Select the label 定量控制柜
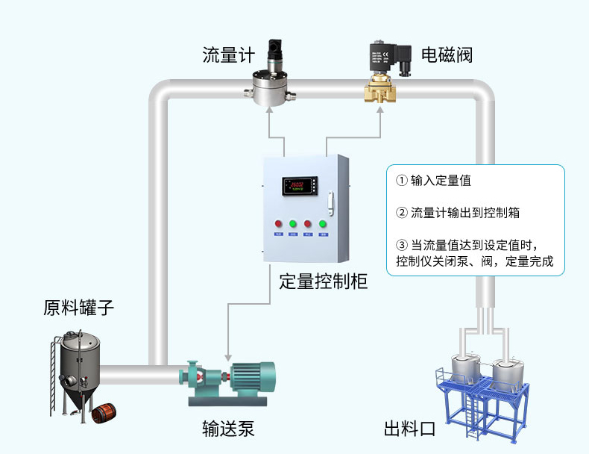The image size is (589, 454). (323, 282)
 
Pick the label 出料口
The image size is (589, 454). (409, 429)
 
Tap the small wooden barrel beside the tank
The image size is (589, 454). (104, 414)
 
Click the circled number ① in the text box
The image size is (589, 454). (402, 181)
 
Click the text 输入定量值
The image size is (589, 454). (441, 181)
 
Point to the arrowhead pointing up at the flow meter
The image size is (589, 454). (269, 111)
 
